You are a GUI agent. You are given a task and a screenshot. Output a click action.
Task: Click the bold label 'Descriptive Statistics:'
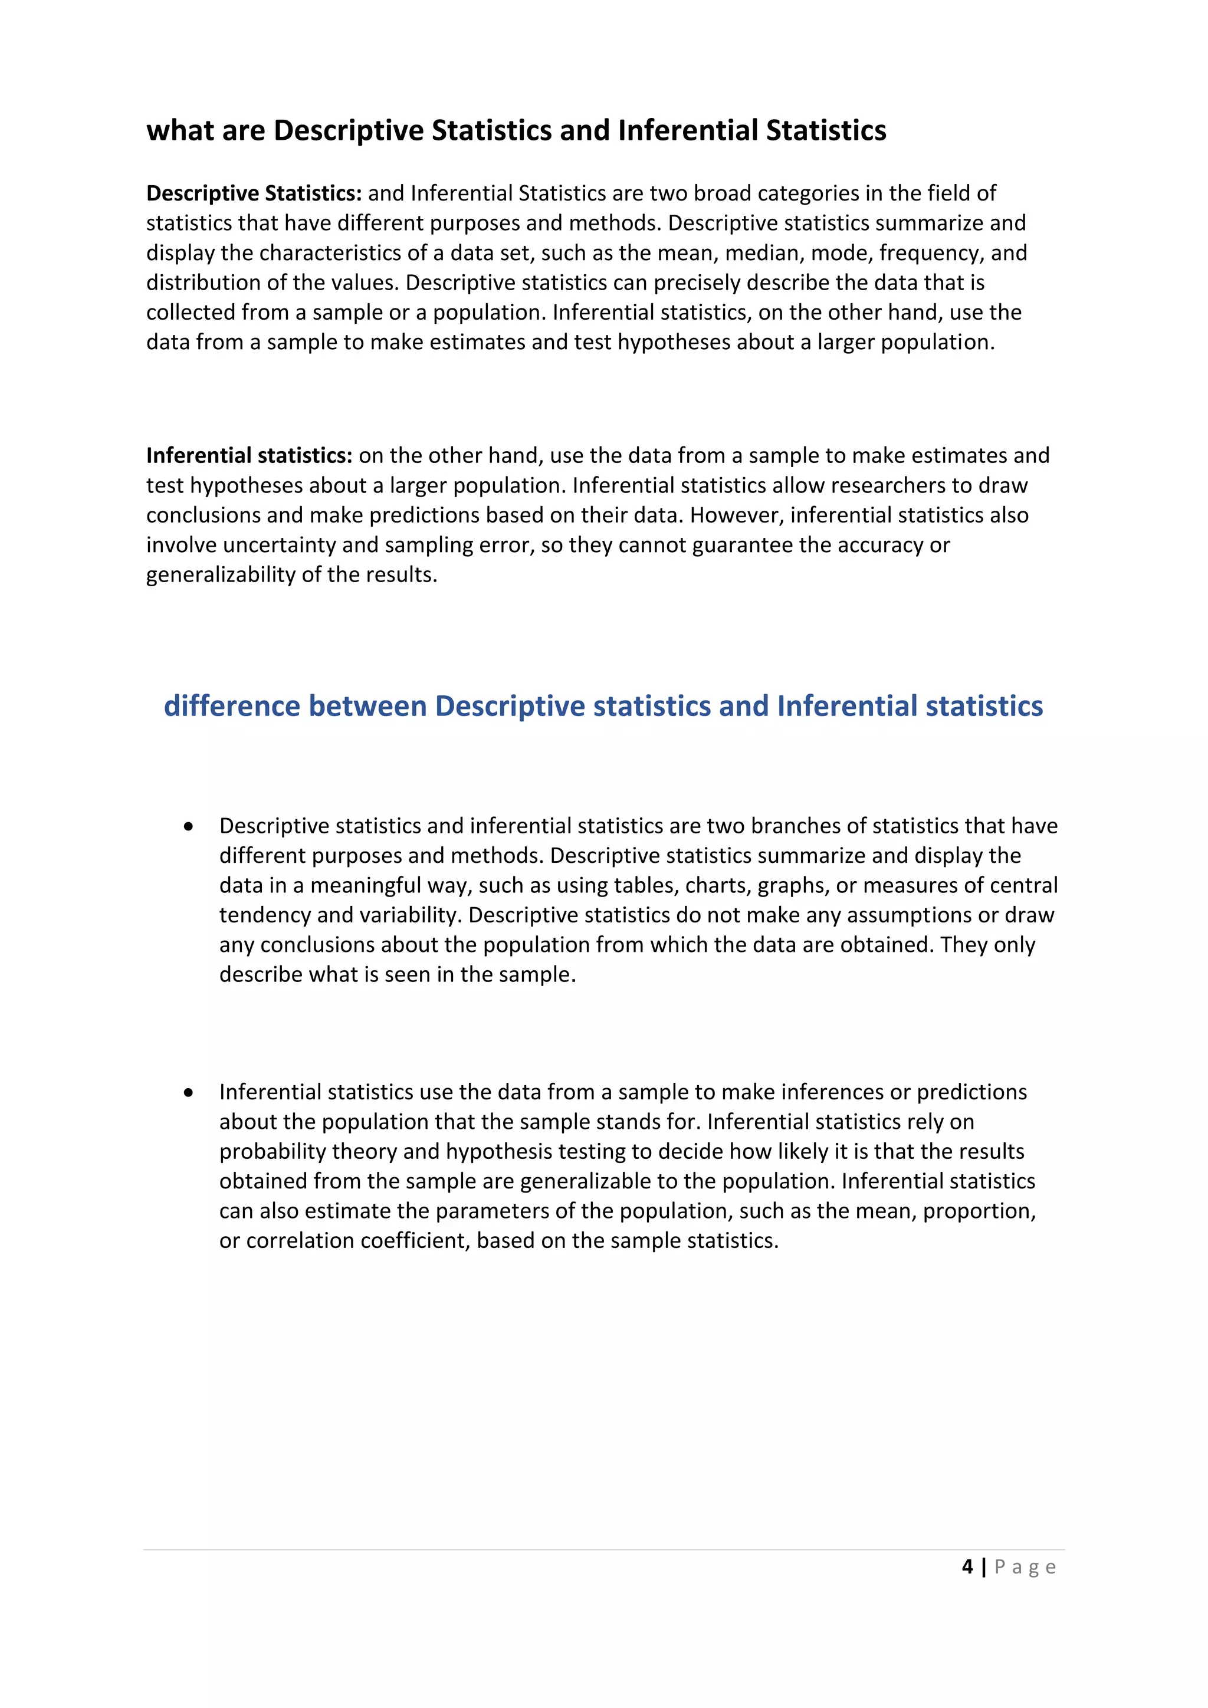coord(254,193)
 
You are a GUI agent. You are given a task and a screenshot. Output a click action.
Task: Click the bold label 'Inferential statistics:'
coord(249,455)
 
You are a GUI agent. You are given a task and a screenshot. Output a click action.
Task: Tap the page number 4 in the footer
coord(967,1566)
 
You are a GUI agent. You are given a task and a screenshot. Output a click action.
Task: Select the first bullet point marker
coord(189,826)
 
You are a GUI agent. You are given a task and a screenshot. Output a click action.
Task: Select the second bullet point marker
coord(189,1092)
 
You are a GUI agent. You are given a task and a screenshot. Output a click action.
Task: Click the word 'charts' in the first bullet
coord(717,885)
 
